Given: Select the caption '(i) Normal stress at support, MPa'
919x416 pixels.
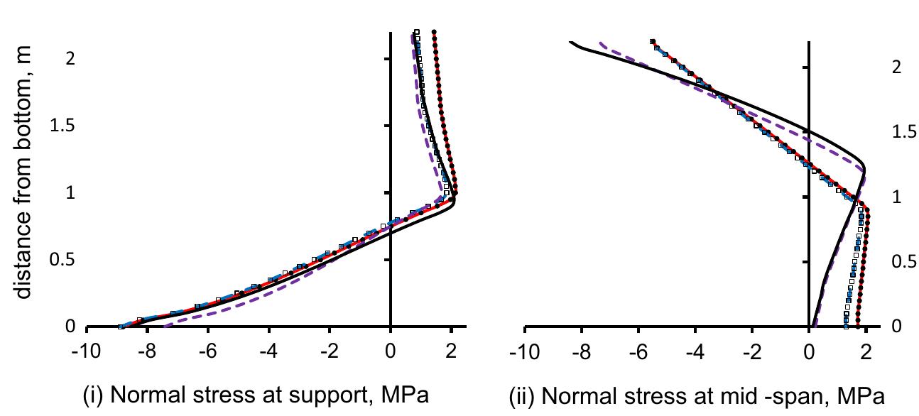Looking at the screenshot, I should pyautogui.click(x=257, y=395).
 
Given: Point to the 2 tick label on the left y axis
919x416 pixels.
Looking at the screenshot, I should pyautogui.click(x=70, y=59).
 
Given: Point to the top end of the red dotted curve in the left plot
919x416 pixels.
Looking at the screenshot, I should pyautogui.click(x=434, y=31).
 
